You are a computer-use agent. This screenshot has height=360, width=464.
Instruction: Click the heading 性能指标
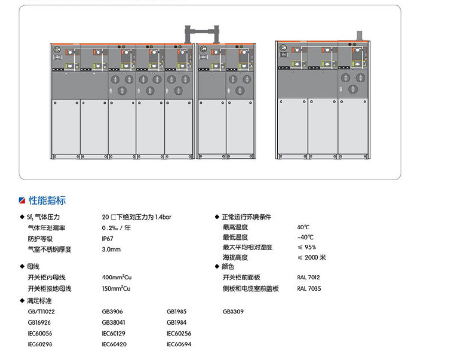(x=47, y=200)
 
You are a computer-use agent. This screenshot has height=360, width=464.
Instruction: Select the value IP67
(x=107, y=239)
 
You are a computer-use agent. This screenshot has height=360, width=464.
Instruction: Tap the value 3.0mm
(x=111, y=249)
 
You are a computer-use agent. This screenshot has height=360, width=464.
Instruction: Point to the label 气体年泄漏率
(x=47, y=228)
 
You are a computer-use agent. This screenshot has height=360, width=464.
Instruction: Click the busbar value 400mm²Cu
(x=116, y=278)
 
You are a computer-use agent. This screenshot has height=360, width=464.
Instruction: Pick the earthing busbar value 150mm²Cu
(x=116, y=288)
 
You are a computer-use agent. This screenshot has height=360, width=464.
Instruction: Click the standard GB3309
(x=233, y=311)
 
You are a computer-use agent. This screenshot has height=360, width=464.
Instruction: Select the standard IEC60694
(x=179, y=344)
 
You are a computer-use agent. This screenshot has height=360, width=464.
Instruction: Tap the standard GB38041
(x=114, y=322)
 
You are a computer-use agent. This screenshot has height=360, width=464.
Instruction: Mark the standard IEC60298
(x=40, y=344)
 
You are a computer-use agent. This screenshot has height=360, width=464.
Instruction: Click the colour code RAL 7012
(x=308, y=278)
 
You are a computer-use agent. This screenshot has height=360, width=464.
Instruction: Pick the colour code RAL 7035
(x=308, y=288)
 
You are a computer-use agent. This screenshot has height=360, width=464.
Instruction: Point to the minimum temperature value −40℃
(x=305, y=237)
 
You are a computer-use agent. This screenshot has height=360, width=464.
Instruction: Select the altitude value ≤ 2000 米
(x=312, y=257)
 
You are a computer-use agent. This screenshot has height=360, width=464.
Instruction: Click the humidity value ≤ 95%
(x=307, y=247)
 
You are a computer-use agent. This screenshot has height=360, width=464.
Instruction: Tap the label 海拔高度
(x=235, y=257)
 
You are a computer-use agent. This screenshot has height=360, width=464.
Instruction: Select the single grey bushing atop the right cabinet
(x=359, y=35)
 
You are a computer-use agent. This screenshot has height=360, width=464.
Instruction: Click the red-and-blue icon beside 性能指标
(x=22, y=201)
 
